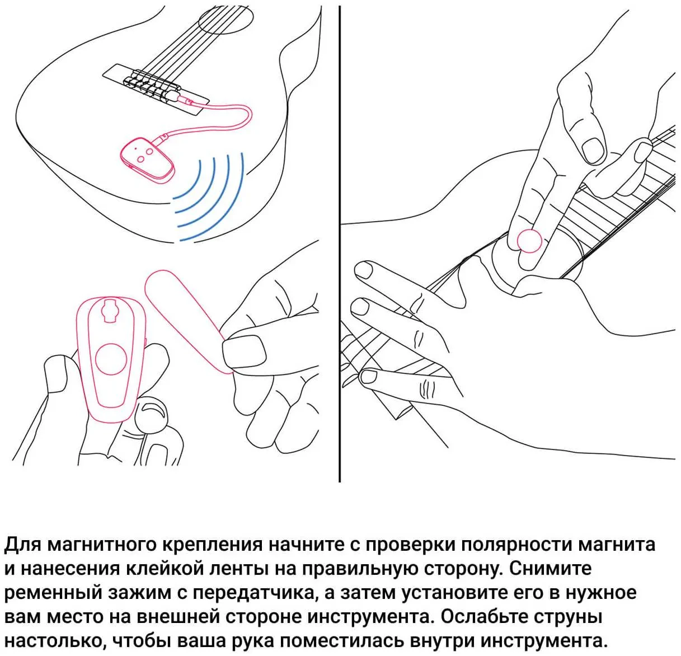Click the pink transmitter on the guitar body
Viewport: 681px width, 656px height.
tap(147, 160)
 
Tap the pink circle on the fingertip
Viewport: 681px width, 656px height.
tap(529, 241)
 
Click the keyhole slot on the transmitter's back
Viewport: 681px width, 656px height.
tap(110, 310)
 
